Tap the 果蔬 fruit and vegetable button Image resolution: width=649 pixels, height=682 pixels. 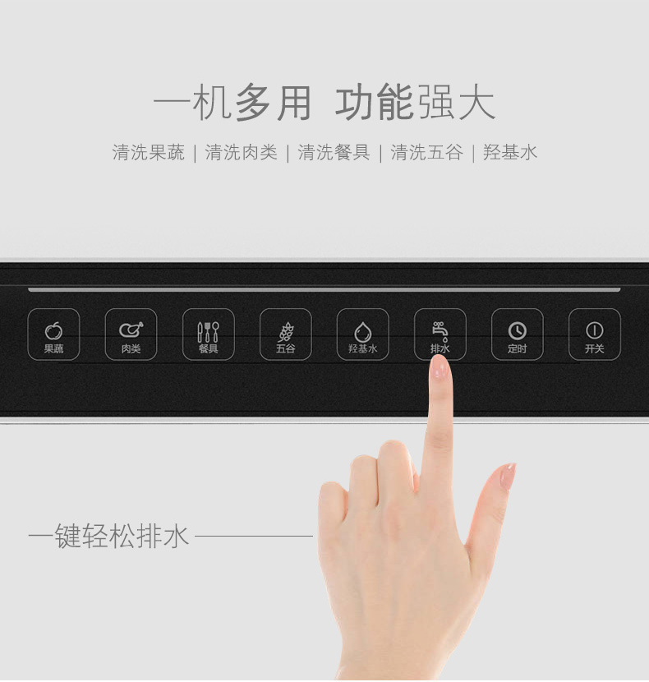click(53, 334)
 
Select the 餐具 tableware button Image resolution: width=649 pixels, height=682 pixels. click(209, 334)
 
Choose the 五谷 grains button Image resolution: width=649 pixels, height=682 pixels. click(286, 334)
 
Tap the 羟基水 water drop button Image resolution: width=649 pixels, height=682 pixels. click(363, 334)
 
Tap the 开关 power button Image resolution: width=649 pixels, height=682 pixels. click(595, 334)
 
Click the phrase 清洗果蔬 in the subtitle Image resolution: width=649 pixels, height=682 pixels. click(149, 153)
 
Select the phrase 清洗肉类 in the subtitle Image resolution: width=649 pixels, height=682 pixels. click(241, 153)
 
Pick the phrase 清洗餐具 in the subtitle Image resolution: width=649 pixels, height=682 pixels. click(334, 153)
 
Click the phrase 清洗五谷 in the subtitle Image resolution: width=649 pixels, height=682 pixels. click(426, 153)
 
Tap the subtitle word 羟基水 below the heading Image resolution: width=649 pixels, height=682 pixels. click(510, 153)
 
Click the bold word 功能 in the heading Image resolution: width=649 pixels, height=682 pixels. click(374, 103)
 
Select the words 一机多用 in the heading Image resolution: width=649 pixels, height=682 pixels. click(232, 103)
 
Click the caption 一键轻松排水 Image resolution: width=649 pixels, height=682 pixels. click(108, 536)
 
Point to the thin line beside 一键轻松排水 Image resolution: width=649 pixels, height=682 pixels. click(254, 536)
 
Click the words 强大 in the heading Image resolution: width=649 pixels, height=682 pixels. click(456, 103)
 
